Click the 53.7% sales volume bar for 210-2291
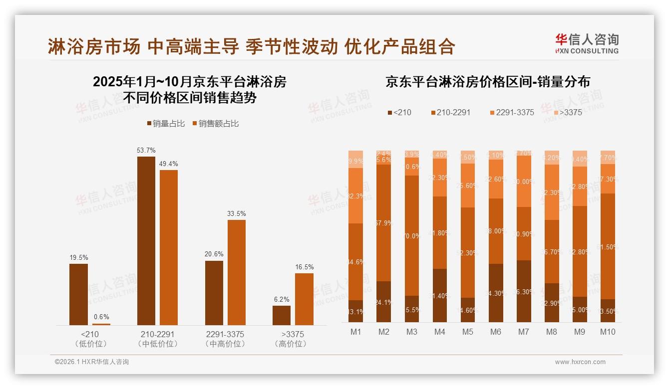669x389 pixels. pos(146,241)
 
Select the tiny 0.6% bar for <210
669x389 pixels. pos(101,324)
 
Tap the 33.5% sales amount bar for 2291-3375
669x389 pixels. pos(237,272)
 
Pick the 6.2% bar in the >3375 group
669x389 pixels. pos(282,315)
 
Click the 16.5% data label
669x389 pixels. pos(304,267)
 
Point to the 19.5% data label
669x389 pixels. pos(78,258)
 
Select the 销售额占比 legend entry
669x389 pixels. pos(215,124)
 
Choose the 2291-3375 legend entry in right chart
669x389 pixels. pos(511,112)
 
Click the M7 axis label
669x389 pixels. pos(524,332)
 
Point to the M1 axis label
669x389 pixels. pos(355,332)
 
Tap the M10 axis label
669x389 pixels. pos(608,332)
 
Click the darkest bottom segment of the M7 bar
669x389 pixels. pos(524,291)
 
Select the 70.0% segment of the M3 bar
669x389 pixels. pos(411,235)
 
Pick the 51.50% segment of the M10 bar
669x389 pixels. pos(608,246)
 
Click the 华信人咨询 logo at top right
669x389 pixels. pos(587,43)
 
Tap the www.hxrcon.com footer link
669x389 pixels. pos(580,362)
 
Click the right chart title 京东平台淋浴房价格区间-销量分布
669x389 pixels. pos(487,82)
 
